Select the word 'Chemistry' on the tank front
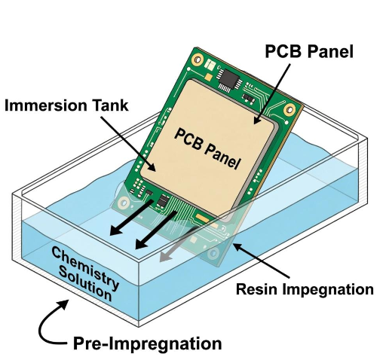pyautogui.click(x=85, y=266)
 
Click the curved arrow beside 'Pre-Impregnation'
pyautogui.click(x=51, y=322)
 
